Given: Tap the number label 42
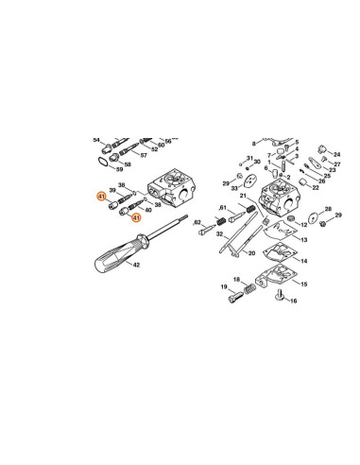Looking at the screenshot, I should coord(136,267).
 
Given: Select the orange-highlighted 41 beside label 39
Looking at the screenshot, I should coord(101,196).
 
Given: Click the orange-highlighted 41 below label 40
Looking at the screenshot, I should coord(135,217).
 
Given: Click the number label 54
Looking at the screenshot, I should coord(96,139).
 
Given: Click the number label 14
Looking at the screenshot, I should coord(302,255).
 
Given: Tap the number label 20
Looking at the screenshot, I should coord(251,254).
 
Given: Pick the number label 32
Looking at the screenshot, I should coord(218,233).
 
